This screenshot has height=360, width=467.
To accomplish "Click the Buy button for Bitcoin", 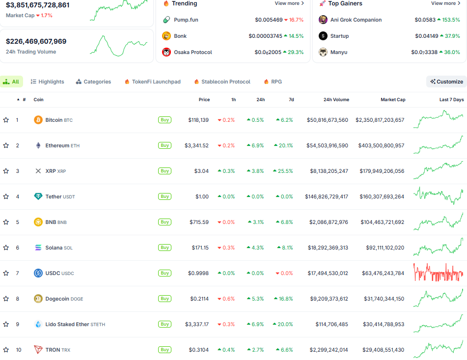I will [165, 120].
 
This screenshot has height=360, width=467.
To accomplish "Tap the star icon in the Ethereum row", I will [6, 145].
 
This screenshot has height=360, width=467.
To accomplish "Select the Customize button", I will [446, 82].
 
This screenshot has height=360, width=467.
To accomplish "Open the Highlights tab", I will [48, 82].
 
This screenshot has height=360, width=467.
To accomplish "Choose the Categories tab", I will [93, 82].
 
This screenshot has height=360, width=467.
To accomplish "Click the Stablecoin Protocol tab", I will [222, 82].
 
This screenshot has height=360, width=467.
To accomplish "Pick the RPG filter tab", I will [273, 82].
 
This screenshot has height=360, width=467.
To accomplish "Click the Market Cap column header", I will [393, 100].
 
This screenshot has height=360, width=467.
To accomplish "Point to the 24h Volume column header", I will [336, 100].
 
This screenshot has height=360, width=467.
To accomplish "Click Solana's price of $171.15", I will [199, 248].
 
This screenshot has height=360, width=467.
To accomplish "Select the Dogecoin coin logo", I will [38, 299].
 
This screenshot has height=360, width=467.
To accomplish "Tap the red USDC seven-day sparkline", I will [438, 273].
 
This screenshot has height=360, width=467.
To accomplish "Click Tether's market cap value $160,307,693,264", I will [379, 196].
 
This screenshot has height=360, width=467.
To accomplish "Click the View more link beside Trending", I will [289, 3].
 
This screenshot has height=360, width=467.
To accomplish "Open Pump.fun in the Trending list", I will [186, 20].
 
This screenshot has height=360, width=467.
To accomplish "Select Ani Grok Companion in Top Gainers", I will [356, 20].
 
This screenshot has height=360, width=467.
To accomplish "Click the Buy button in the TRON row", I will [165, 350].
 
